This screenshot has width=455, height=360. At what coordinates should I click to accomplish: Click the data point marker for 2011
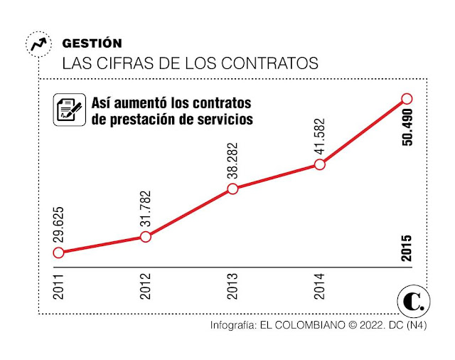(x=58, y=253)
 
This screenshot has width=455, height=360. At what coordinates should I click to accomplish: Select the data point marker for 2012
(x=146, y=236)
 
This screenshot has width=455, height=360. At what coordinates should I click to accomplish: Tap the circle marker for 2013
(x=232, y=189)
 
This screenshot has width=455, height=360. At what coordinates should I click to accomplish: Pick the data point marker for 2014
(x=320, y=164)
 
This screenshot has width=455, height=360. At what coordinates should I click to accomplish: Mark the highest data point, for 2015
(x=407, y=98)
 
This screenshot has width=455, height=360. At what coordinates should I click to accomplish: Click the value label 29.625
(x=58, y=221)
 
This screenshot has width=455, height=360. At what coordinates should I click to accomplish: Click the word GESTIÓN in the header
(x=92, y=43)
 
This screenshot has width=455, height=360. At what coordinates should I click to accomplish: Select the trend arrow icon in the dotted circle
(x=38, y=44)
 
